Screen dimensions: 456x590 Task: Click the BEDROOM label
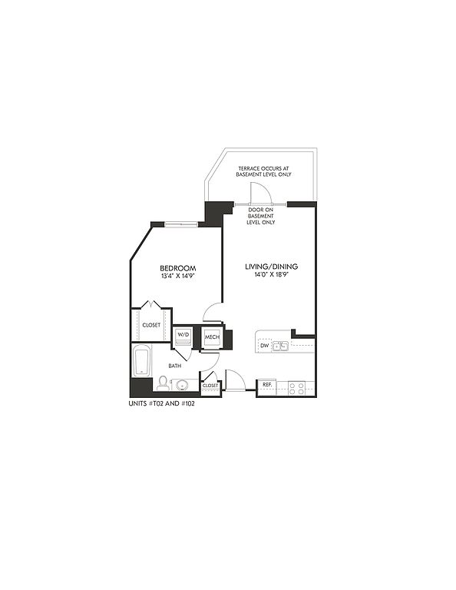[178, 268]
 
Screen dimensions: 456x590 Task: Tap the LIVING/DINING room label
[272, 267]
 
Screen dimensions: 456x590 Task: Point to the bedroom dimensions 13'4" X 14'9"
[178, 276]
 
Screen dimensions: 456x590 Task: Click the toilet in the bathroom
[163, 383]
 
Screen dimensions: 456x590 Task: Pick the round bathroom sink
[183, 386]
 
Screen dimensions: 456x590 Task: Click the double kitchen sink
[280, 346]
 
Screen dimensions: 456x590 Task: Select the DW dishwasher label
[265, 346]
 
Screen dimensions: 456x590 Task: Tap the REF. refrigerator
[267, 387]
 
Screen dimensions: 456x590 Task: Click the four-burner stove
[296, 388]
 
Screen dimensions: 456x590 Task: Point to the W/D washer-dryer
[183, 336]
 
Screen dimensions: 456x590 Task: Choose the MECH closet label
[212, 337]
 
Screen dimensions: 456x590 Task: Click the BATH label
[175, 366]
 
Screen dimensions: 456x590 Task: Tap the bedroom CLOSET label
[151, 325]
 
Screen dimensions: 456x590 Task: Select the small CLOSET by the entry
[210, 386]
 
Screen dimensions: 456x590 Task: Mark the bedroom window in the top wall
[181, 224]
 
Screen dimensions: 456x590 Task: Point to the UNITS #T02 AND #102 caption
[162, 404]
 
